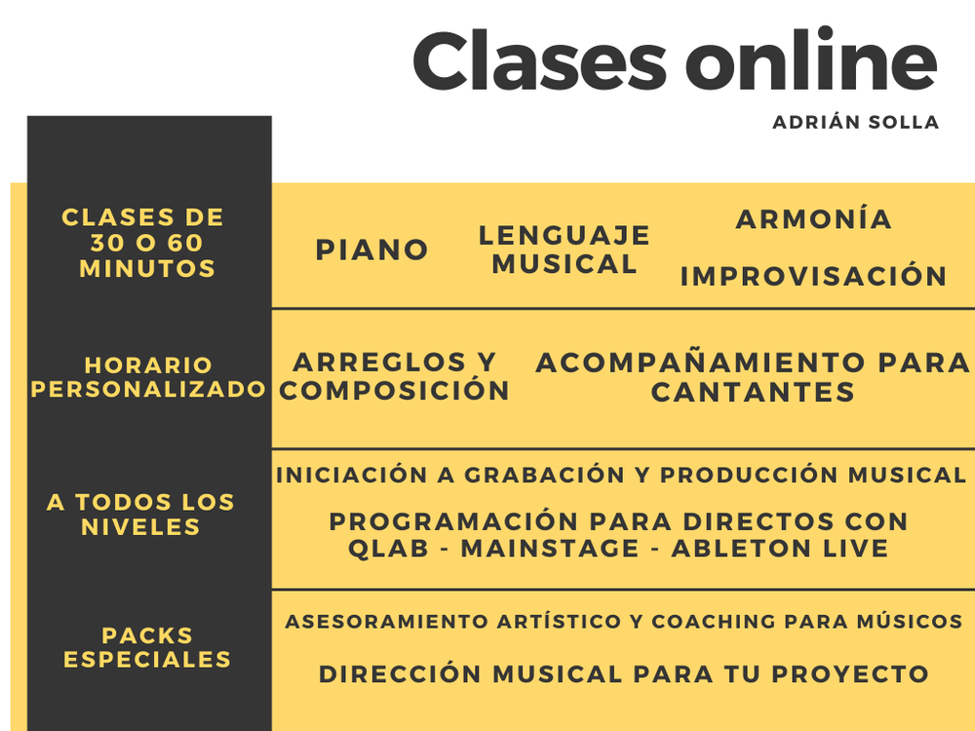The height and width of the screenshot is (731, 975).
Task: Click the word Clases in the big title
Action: (540, 60)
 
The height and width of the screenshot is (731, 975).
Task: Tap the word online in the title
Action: (811, 58)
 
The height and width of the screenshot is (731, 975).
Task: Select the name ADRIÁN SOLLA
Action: (856, 122)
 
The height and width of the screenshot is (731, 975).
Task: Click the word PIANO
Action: (371, 250)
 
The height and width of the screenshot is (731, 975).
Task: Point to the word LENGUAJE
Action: (565, 236)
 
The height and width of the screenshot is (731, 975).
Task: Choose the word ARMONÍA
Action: (814, 218)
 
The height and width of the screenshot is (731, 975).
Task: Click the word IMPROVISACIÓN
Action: (813, 276)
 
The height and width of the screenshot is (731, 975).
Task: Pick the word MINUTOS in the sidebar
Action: (147, 269)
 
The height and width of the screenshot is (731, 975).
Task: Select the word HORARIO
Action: (148, 365)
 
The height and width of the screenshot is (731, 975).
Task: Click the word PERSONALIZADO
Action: (148, 389)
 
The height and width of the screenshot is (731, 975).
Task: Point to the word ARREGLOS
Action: (379, 362)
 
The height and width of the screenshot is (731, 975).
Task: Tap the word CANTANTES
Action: (753, 392)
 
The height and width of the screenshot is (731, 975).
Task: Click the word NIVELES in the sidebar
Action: (140, 527)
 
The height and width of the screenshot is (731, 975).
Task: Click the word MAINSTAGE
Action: (550, 548)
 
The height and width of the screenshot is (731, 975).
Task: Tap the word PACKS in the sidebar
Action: (147, 635)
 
